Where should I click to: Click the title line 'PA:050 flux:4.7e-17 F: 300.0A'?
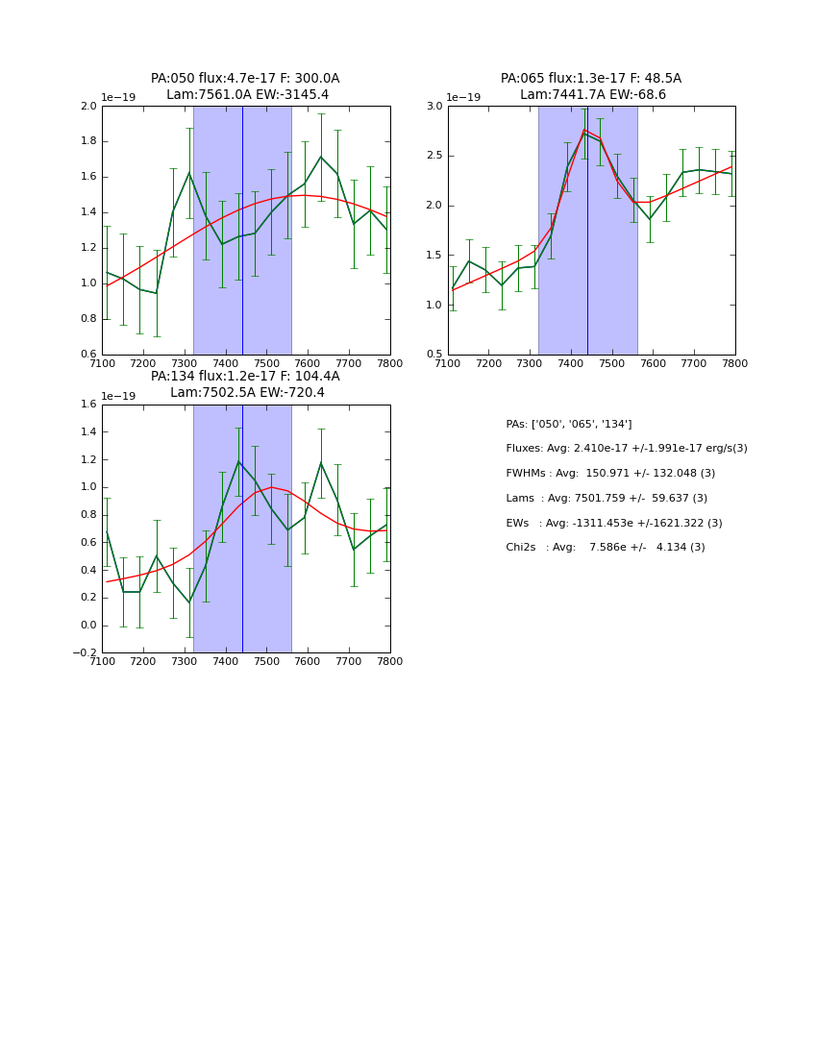(x=245, y=79)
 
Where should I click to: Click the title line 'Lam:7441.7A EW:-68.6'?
(x=592, y=95)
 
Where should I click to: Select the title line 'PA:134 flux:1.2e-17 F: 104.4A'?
(x=245, y=377)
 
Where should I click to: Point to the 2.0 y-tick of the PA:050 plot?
(x=87, y=106)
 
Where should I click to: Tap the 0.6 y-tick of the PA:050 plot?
(x=87, y=355)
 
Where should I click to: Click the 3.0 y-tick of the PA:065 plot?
(x=433, y=106)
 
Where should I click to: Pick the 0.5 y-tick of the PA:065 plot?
(x=433, y=355)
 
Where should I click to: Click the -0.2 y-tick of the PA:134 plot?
(x=85, y=653)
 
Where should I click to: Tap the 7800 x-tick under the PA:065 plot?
(x=735, y=363)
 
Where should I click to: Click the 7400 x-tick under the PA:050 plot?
(x=226, y=363)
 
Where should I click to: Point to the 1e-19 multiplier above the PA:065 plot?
(x=463, y=98)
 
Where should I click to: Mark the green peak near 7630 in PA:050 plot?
(x=321, y=157)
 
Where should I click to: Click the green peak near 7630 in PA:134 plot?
(x=321, y=463)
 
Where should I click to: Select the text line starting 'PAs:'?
(x=568, y=424)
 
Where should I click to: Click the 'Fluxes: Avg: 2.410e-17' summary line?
(x=626, y=449)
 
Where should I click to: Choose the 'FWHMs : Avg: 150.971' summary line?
(x=609, y=474)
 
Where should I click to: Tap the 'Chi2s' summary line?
(x=605, y=548)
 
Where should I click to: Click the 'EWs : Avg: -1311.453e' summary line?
(x=613, y=524)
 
